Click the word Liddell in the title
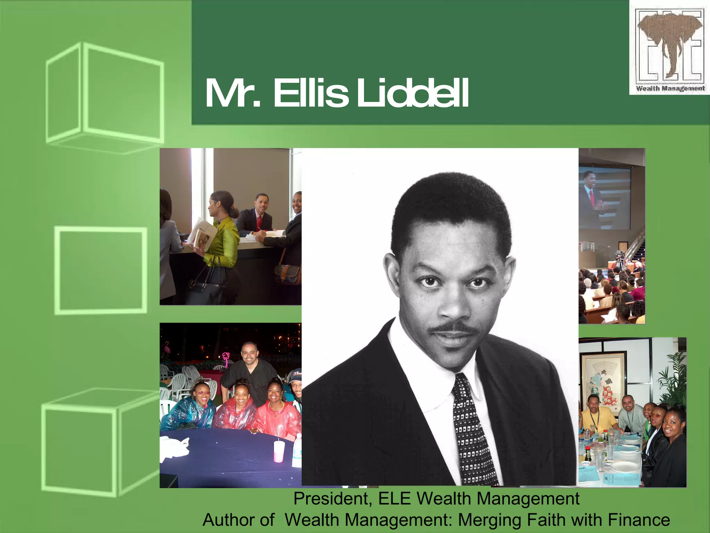(413, 93)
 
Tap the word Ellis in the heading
(310, 93)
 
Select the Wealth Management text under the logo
(670, 88)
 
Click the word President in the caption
(333, 499)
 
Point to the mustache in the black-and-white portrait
(452, 328)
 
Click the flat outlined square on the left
(101, 271)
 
